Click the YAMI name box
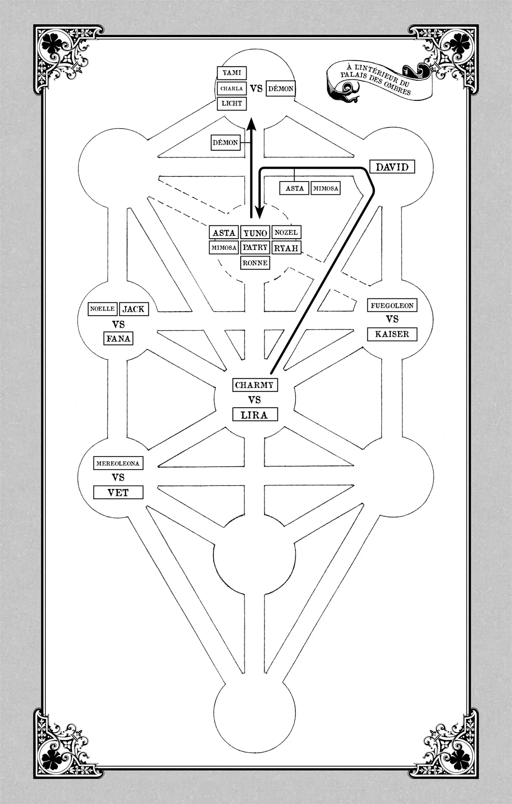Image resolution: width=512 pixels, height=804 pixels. point(232,73)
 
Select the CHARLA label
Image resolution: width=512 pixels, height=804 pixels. point(232,88)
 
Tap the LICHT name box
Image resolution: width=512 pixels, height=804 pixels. point(232,103)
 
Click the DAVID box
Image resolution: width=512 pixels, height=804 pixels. point(392,167)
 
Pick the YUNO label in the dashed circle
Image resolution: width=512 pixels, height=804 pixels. point(255,233)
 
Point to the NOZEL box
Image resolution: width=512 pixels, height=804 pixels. point(286,232)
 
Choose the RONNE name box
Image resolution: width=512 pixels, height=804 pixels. point(255,263)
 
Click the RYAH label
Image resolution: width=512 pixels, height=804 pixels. point(286,248)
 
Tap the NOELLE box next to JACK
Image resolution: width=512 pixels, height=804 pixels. point(102,309)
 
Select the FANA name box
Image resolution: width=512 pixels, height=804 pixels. point(118,339)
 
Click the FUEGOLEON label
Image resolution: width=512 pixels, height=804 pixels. point(392,305)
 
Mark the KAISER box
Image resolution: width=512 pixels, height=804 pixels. point(392,334)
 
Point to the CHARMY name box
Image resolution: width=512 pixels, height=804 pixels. point(254,385)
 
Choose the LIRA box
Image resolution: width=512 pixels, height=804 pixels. point(254,415)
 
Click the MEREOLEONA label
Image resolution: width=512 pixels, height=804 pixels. point(118,463)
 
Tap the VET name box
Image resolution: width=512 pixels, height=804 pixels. point(118,492)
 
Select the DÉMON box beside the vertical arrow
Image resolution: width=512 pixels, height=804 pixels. point(225,143)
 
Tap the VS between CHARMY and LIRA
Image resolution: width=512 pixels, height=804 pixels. point(254,400)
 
